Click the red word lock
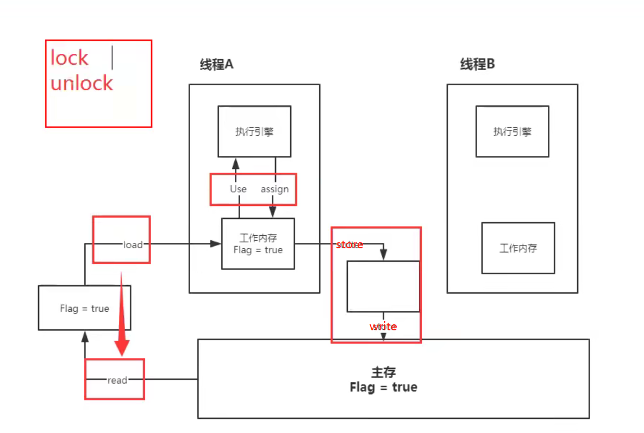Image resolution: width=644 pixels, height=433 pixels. click(70, 58)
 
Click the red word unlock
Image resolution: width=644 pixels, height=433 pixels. click(82, 83)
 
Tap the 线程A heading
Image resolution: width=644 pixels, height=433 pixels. click(216, 65)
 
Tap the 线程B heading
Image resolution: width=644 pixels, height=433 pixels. click(477, 65)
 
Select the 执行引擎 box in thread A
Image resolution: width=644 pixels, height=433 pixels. click(254, 131)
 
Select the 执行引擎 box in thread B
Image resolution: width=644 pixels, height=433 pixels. click(512, 131)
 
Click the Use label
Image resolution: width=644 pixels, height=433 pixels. click(238, 189)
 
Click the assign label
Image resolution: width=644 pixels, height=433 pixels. click(274, 189)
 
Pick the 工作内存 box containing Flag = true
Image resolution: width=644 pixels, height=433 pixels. click(258, 243)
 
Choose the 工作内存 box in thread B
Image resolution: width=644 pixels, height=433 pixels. click(518, 248)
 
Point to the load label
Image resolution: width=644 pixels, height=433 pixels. click(133, 245)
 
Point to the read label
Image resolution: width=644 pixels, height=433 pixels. click(117, 380)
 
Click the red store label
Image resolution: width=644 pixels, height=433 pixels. click(349, 245)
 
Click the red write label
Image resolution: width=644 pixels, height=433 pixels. click(383, 327)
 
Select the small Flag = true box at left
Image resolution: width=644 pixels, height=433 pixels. click(84, 308)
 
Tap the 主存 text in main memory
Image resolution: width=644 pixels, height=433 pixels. click(384, 372)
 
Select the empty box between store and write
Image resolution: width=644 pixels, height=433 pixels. click(383, 286)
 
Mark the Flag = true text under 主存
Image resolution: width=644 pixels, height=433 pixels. click(384, 387)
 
